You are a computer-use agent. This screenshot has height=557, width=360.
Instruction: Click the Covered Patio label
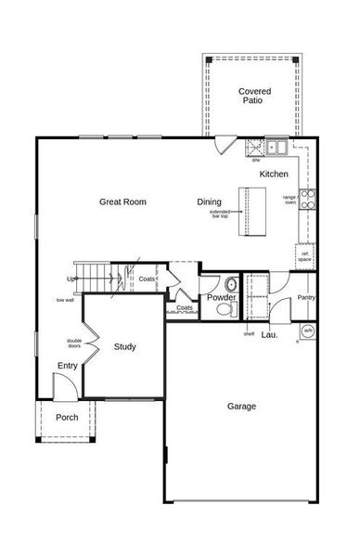tap(253, 96)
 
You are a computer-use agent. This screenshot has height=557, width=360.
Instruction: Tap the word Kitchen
tap(274, 175)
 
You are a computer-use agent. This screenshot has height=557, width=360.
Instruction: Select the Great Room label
tap(123, 202)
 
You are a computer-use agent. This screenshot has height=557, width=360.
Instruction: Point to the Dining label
tap(210, 202)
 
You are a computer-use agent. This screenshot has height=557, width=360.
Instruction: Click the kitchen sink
tap(275, 146)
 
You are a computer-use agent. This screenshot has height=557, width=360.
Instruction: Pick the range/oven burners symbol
tap(306, 197)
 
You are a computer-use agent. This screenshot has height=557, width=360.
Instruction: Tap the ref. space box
tap(304, 255)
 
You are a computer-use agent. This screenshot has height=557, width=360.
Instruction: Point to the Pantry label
tap(306, 297)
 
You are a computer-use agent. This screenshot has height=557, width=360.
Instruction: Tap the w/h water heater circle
tap(307, 330)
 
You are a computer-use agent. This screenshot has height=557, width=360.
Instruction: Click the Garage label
tap(242, 406)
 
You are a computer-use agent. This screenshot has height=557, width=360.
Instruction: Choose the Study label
tap(125, 347)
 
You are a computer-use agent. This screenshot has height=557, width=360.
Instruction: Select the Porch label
tap(67, 418)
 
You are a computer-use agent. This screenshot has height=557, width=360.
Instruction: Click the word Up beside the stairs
tap(71, 278)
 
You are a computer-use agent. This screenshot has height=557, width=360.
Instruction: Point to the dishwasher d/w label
tap(255, 160)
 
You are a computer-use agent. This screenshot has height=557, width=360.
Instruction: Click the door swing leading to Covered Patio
tap(225, 146)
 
